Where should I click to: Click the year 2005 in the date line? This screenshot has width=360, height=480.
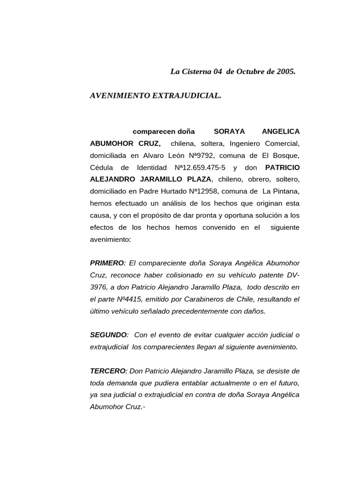click(x=286, y=72)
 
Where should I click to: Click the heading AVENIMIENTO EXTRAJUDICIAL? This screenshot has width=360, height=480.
click(x=155, y=96)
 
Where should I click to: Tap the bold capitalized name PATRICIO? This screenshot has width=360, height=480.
click(x=282, y=167)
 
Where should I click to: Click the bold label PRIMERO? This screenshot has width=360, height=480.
click(x=107, y=263)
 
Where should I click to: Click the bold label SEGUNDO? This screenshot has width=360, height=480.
click(x=108, y=335)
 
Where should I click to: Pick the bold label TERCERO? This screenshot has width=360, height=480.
click(x=108, y=371)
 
